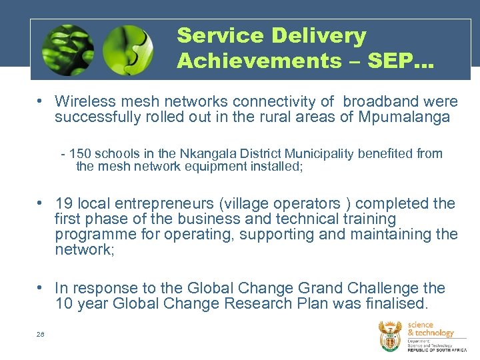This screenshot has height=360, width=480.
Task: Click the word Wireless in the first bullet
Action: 83,101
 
